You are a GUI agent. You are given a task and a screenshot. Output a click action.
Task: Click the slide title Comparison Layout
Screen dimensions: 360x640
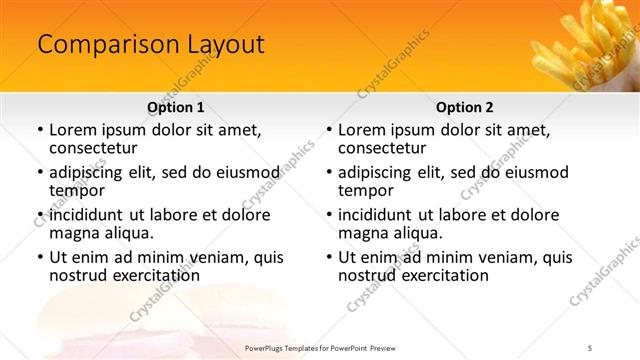pyautogui.click(x=151, y=45)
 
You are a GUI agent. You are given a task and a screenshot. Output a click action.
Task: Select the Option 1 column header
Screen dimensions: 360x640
pyautogui.click(x=176, y=107)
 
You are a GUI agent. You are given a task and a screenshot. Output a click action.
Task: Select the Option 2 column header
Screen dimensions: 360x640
pyautogui.click(x=465, y=107)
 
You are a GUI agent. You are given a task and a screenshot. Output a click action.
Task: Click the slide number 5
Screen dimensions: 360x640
pyautogui.click(x=590, y=347)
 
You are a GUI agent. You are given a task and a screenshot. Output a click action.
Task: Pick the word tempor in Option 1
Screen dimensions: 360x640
pyautogui.click(x=77, y=190)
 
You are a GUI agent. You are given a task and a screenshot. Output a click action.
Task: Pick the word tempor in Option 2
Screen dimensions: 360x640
pyautogui.click(x=366, y=190)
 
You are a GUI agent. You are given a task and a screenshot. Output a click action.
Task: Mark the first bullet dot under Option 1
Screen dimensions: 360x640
pyautogui.click(x=39, y=130)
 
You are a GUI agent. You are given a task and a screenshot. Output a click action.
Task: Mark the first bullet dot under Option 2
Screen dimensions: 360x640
pyautogui.click(x=328, y=130)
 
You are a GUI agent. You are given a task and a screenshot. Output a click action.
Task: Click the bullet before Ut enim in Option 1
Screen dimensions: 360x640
pyautogui.click(x=39, y=258)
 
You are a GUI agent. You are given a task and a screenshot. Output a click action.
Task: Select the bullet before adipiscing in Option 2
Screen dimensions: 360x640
pyautogui.click(x=328, y=173)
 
